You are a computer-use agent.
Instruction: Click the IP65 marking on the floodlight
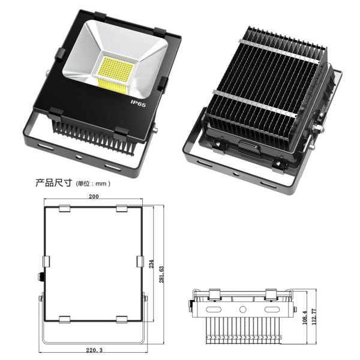138,104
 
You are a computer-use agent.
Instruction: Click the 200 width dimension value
94,196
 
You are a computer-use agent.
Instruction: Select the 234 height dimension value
151,264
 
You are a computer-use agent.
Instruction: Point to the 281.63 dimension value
161,274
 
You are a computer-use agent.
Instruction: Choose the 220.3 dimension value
94,350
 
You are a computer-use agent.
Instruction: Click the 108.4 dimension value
305,317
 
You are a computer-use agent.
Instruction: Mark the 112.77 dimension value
314,316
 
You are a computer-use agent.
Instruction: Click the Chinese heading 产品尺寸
54,183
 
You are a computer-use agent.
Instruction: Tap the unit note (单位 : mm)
93,184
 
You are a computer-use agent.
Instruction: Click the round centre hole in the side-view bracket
242,309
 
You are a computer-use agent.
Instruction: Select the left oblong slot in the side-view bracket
214,310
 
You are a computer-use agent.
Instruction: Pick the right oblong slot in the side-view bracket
272,310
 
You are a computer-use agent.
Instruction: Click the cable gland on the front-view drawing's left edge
41,276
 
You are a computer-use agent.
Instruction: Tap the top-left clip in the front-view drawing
65,208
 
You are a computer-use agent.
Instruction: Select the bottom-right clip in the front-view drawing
122,319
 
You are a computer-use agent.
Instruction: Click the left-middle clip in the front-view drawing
46,262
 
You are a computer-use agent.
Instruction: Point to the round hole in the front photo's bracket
79,157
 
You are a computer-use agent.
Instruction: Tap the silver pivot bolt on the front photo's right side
155,128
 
